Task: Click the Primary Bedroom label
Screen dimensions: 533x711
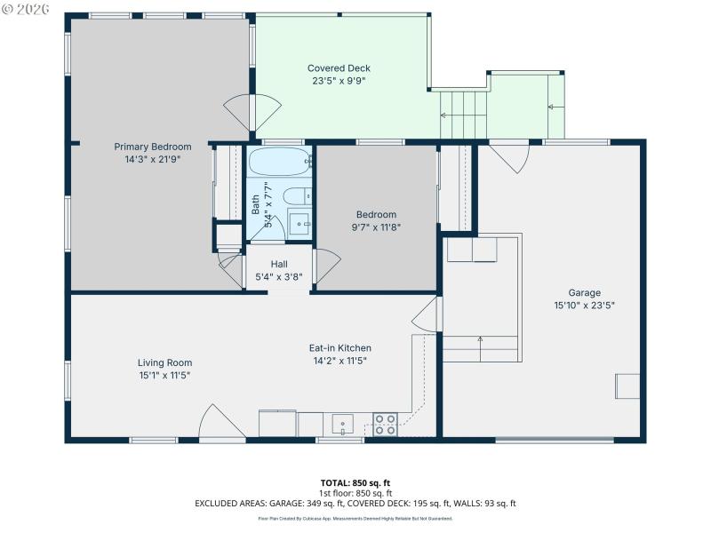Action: coord(152,147)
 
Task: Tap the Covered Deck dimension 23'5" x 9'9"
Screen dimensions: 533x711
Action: coord(339,81)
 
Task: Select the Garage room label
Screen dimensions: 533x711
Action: coord(584,292)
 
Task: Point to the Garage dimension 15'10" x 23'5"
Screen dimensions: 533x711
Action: coord(584,305)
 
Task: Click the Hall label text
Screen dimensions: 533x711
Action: coord(279,264)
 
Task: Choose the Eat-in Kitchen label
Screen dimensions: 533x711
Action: coord(341,348)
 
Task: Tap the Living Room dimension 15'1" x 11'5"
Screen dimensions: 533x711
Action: coord(164,375)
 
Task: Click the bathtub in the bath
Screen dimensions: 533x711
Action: coord(279,163)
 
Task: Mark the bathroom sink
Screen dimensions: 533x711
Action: coord(300,221)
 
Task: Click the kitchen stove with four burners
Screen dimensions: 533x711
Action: coord(385,425)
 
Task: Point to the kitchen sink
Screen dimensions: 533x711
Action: coord(342,424)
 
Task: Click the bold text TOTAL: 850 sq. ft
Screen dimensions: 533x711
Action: coord(355,482)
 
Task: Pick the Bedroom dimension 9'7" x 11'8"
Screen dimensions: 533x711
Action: coord(376,227)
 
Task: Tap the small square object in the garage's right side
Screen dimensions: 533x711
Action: coord(627,386)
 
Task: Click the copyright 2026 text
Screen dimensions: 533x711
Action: coord(27,9)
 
